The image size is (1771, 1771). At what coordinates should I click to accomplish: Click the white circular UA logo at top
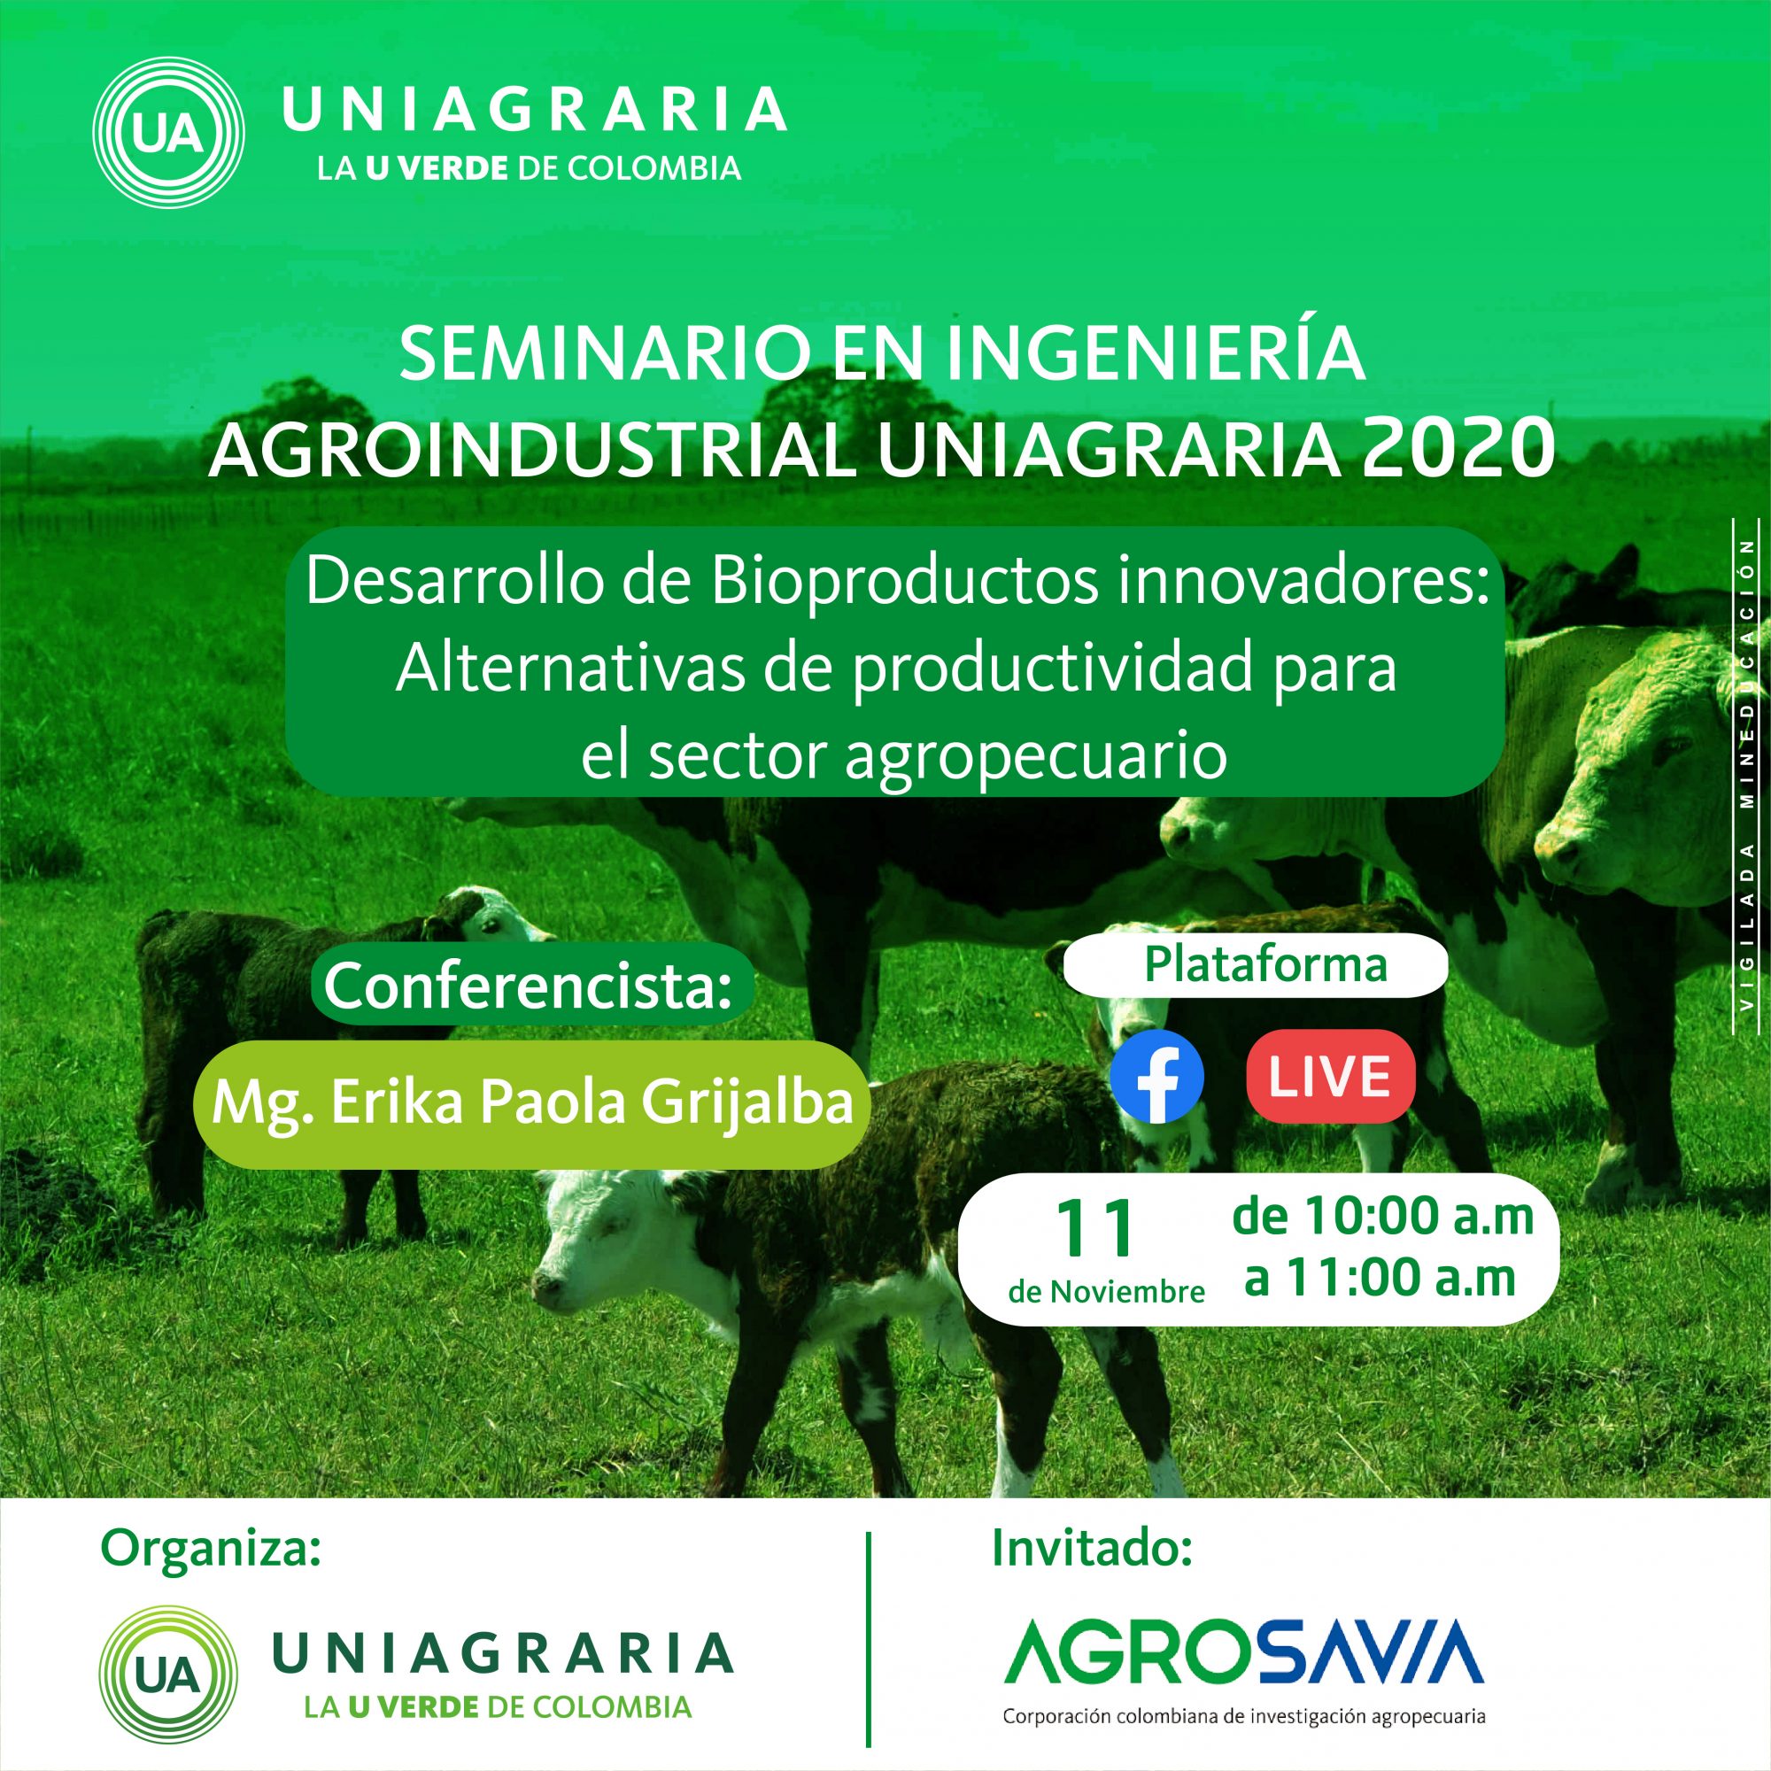click(168, 133)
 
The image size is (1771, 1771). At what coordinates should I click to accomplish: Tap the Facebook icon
click(1156, 1078)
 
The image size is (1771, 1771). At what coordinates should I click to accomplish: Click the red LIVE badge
click(1331, 1076)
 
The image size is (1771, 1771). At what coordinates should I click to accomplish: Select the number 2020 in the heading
click(1458, 449)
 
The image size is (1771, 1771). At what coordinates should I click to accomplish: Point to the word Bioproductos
click(904, 583)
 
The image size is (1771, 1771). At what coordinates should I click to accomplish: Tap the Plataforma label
click(1266, 965)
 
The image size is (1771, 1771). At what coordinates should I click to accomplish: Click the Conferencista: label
click(529, 986)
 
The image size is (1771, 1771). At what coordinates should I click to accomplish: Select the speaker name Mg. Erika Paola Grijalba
click(532, 1103)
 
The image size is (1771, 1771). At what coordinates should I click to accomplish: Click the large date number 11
click(1094, 1229)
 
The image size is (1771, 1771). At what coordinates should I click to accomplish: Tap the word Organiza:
click(212, 1548)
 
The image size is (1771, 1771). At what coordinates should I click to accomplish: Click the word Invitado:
click(1092, 1547)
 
